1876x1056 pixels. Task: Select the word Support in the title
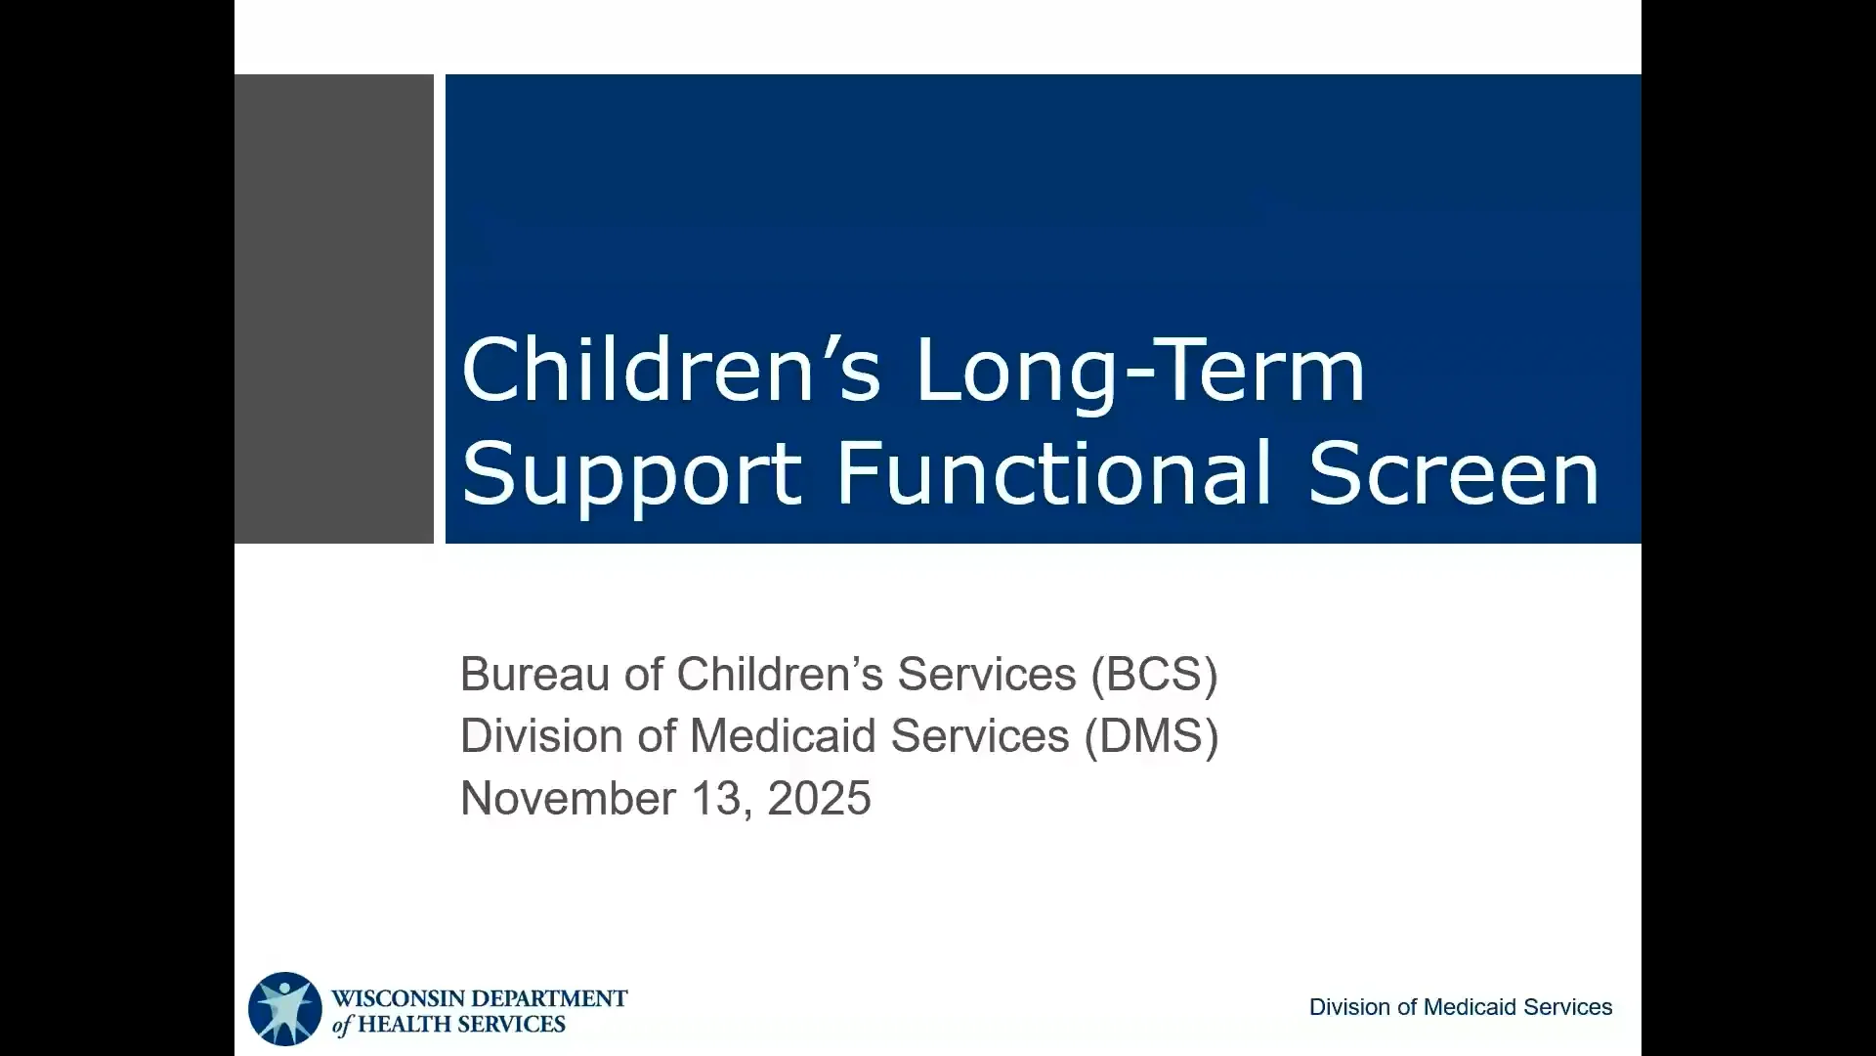[631, 475]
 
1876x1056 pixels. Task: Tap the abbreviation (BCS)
[1155, 675]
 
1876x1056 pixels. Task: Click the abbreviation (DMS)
[1151, 736]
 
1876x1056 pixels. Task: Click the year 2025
[819, 798]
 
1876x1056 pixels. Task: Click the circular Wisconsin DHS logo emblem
[284, 1008]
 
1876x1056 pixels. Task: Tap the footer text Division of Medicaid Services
[1461, 1007]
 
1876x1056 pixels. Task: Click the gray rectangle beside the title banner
[334, 308]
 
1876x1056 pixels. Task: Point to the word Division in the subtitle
[541, 735]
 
